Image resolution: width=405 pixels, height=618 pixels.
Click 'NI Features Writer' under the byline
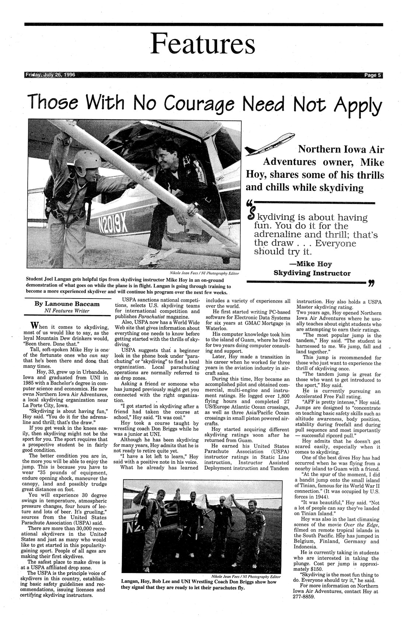68,311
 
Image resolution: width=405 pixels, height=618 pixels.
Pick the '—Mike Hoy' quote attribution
312,264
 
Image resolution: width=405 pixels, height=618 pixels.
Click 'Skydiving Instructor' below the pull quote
312,273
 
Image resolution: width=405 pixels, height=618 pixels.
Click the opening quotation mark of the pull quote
249,203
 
